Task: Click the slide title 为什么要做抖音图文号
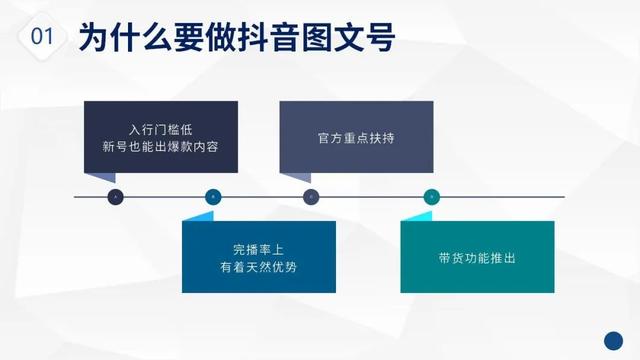tap(236, 38)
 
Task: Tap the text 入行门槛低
tap(160, 130)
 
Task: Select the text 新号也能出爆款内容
tap(160, 148)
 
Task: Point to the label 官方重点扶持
tap(355, 138)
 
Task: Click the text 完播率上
tap(258, 249)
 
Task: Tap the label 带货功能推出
tap(477, 258)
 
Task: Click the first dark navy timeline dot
tap(115, 197)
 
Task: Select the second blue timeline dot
tap(212, 197)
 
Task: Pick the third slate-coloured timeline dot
tap(310, 197)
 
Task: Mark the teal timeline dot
tap(431, 197)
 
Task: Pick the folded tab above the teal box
tap(415, 215)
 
